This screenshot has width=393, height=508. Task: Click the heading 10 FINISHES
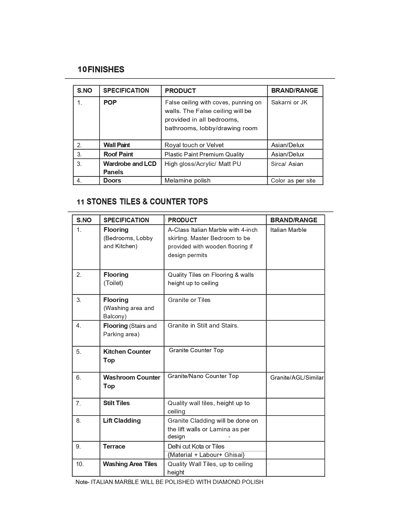[x=101, y=70]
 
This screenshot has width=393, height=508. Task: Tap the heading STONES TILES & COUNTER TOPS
[x=147, y=202]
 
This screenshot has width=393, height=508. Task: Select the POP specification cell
[x=110, y=103]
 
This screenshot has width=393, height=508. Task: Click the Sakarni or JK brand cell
[x=289, y=103]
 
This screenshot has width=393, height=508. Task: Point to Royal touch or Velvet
[x=194, y=145]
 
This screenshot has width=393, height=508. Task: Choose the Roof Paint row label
[x=118, y=154]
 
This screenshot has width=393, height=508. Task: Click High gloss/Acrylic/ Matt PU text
[x=203, y=164]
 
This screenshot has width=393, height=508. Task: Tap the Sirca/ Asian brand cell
[x=287, y=164]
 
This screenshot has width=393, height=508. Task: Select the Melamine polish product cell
[x=187, y=180]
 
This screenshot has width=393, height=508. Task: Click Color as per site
[x=293, y=181]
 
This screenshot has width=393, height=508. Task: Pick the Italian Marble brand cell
[x=288, y=230]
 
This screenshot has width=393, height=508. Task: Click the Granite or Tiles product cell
[x=189, y=300]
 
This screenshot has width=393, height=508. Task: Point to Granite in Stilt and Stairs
[x=203, y=325]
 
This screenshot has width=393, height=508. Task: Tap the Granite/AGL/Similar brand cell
[x=297, y=377]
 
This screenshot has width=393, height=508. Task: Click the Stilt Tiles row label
[x=116, y=403]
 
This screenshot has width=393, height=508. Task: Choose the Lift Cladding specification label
[x=121, y=421]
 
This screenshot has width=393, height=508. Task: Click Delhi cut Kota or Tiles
[x=196, y=446]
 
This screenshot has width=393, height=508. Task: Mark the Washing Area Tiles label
[x=130, y=464]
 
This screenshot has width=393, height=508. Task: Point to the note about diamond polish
[x=169, y=482]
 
